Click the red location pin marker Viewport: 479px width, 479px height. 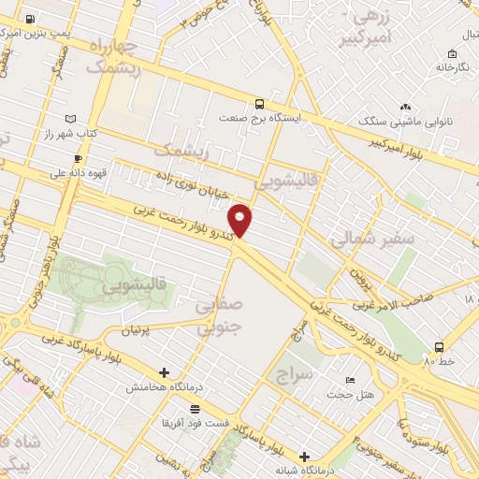click(240, 220)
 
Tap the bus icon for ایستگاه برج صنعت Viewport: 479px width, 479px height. click(259, 105)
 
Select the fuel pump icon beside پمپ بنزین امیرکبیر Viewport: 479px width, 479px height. click(32, 19)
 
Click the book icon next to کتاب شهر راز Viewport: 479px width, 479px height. click(71, 120)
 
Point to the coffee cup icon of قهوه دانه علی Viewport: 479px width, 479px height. click(78, 159)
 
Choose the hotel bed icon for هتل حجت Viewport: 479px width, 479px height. click(350, 380)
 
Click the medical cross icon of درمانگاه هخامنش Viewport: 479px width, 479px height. click(165, 372)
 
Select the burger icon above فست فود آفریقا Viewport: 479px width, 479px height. click(195, 409)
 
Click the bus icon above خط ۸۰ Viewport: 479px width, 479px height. click(440, 345)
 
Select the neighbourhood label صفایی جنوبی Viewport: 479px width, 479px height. click(219, 315)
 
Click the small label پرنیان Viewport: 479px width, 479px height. click(137, 330)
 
